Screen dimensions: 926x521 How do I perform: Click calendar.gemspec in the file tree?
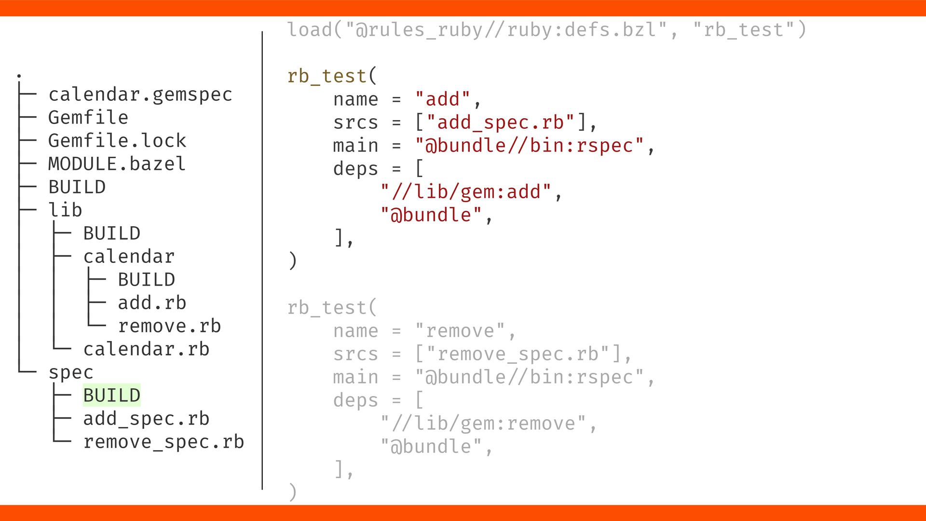coord(140,95)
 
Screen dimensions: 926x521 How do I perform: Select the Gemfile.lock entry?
coord(117,141)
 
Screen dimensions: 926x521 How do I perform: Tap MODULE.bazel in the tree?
coord(117,164)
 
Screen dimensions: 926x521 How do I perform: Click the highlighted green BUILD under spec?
coord(112,396)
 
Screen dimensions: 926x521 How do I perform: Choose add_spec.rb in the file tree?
coord(146,419)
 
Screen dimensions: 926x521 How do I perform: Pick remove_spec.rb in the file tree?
coord(163,442)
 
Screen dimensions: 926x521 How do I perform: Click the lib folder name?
coord(65,210)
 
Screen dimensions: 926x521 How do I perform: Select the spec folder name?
coord(71,372)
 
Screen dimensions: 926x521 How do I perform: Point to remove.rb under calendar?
coord(169,326)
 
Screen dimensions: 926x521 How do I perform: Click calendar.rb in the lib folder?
coord(146,349)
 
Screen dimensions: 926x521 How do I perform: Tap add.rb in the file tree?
coord(152,303)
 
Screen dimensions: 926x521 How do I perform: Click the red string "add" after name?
coord(442,99)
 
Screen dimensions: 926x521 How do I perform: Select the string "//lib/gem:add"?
coord(465,192)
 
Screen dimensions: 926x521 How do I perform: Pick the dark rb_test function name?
coord(327,76)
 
